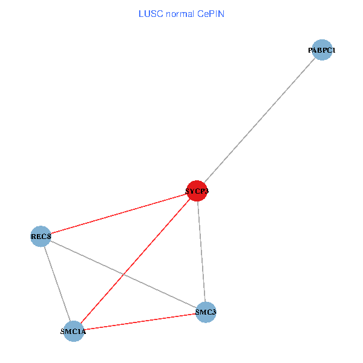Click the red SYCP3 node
[197, 191]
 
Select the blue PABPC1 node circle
[322, 50]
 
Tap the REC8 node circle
[41, 235]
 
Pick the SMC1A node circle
[73, 331]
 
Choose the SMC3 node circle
[206, 312]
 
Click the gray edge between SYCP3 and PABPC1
[260, 120]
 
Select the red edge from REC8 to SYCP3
[119, 213]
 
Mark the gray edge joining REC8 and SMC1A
[57, 283]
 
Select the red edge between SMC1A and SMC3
[139, 321]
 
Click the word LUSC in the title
[149, 14]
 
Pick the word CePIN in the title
[211, 14]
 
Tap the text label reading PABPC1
[322, 50]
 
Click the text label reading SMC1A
[74, 332]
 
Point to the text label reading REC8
[41, 236]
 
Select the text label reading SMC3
[206, 313]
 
